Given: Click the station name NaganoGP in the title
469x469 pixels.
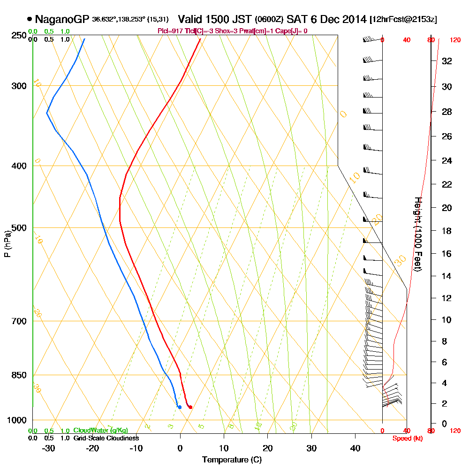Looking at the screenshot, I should point(62,19).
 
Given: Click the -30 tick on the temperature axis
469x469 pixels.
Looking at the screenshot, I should point(48,448).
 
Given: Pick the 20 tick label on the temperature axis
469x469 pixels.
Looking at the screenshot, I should point(267,448).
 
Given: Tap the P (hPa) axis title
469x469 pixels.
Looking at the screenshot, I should point(7,243).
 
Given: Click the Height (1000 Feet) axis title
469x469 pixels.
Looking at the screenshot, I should point(418,234).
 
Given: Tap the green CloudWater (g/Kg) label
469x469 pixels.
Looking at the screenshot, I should point(100,431).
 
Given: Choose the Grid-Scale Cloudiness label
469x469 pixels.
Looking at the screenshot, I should point(106,438).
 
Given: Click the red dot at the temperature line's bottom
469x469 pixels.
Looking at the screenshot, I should point(190,407).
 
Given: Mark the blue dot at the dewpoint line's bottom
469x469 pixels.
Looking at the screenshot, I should point(180,407).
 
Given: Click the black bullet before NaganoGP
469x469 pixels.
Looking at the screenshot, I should point(30,19).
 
